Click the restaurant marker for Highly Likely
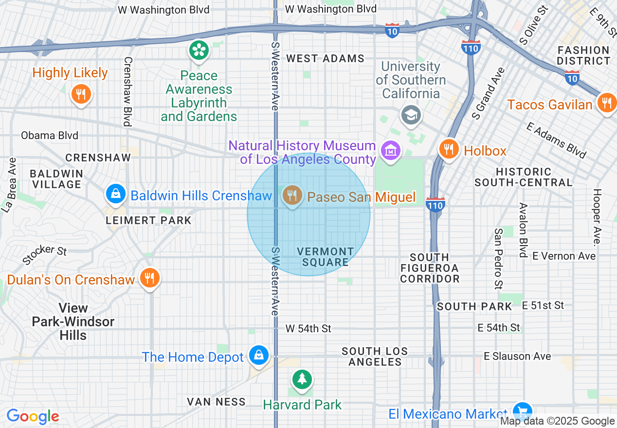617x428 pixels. pos(81,93)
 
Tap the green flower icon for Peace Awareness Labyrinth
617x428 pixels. pos(199,50)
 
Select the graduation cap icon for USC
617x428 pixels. pos(411,115)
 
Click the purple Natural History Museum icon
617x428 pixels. pos(391,150)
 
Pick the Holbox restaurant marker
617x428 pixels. pos(449,149)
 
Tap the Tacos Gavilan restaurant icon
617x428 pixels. pos(606,103)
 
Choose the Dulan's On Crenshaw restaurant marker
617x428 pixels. pos(149,278)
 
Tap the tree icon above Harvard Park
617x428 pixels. pos(302,378)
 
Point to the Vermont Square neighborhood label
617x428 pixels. pos(326,257)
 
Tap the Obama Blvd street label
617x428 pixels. pos(50,135)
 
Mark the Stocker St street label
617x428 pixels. pos(44,254)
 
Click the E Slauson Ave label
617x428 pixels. pos(517,357)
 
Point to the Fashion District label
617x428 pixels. pos(583,55)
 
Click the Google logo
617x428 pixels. pos(33,416)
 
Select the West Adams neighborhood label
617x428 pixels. pos(325,58)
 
